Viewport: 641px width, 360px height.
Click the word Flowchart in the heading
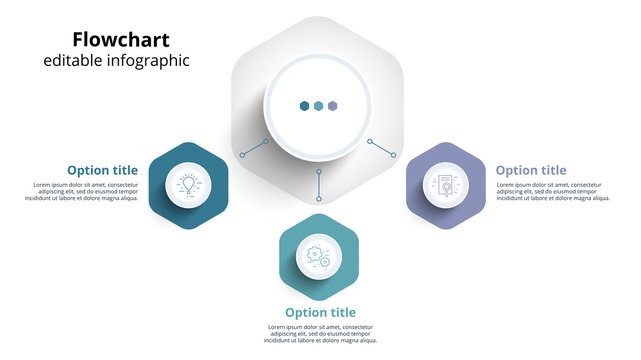pyautogui.click(x=121, y=40)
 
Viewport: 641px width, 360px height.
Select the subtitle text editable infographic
pyautogui.click(x=116, y=62)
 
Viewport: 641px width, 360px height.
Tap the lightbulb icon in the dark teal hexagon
pyautogui.click(x=188, y=185)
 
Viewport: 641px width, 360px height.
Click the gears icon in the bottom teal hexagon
pyautogui.click(x=319, y=257)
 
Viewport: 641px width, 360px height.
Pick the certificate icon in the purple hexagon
pyautogui.click(x=445, y=185)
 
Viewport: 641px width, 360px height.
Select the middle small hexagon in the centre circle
pyautogui.click(x=319, y=105)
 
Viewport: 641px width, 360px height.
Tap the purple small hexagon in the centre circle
pyautogui.click(x=333, y=105)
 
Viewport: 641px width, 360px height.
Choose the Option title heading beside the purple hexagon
pyautogui.click(x=530, y=170)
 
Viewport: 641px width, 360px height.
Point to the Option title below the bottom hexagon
pyautogui.click(x=320, y=313)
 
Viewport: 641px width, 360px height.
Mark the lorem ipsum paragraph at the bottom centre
pyautogui.click(x=320, y=334)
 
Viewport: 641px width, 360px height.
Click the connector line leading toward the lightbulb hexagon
pyautogui.click(x=254, y=148)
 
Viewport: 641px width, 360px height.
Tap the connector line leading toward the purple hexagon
pyautogui.click(x=382, y=148)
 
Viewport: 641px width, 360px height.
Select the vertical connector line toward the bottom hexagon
pyautogui.click(x=319, y=184)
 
